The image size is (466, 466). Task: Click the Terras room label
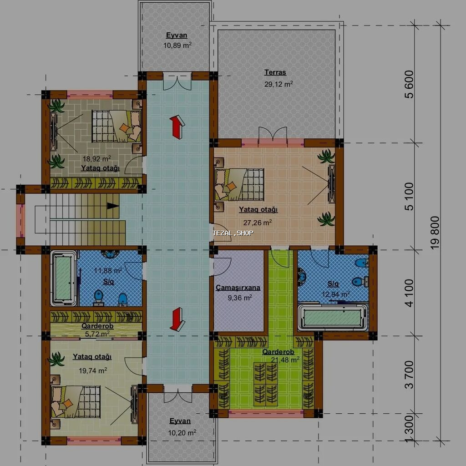tap(275, 72)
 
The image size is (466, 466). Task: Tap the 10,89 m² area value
tap(177, 45)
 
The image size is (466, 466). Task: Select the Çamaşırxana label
tap(238, 288)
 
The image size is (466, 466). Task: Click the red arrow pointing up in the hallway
tap(177, 127)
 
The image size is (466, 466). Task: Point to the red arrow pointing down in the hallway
tap(177, 319)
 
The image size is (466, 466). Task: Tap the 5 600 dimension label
tap(409, 84)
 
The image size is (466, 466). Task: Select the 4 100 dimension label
tap(409, 293)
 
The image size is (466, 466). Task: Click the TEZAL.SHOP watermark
tap(233, 233)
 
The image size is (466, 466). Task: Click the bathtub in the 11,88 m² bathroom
tap(64, 279)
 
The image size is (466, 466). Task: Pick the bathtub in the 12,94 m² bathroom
tap(333, 317)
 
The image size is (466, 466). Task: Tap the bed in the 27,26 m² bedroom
tap(239, 184)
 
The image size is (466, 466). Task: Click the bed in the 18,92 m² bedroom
tap(116, 126)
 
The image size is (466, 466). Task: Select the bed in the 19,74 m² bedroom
tap(76, 401)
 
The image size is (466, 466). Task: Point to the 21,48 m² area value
tap(285, 360)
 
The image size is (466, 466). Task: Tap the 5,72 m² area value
tap(97, 334)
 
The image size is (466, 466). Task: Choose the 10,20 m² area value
tap(182, 433)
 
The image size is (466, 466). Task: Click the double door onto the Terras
tap(273, 137)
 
